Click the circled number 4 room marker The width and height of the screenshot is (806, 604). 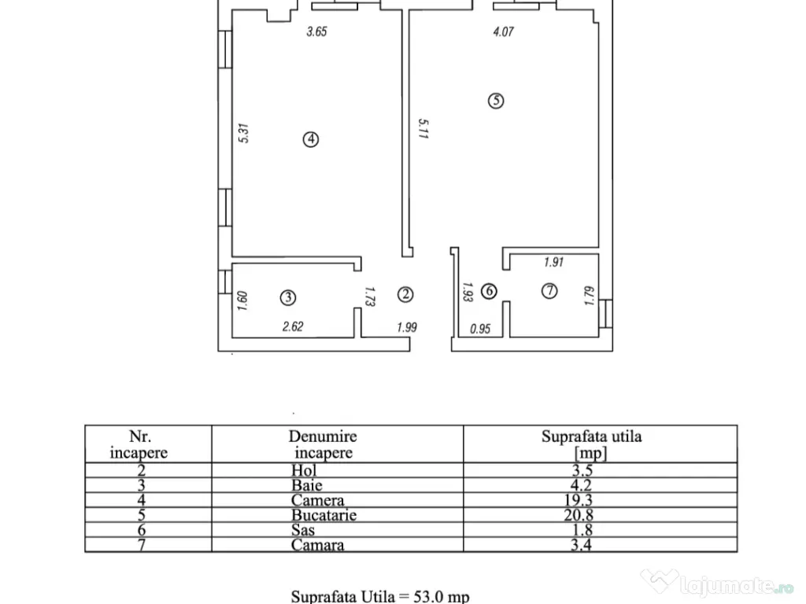(310, 139)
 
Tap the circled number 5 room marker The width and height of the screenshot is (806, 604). (496, 100)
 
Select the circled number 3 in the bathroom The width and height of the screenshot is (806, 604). (288, 297)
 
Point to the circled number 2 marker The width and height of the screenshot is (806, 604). (405, 294)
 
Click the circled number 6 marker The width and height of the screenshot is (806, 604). (489, 291)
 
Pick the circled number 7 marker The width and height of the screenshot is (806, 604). (549, 291)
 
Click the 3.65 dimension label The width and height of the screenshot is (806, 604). (316, 31)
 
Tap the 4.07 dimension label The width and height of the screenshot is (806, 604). (503, 31)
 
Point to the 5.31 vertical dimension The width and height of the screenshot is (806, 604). (244, 133)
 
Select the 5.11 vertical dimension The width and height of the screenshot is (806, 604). (423, 129)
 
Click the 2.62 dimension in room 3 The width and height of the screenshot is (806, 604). (293, 326)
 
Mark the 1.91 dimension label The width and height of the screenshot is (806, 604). (553, 262)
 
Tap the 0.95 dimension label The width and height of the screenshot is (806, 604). (480, 329)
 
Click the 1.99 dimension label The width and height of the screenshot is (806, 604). (407, 327)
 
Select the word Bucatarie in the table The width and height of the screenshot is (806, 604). (324, 515)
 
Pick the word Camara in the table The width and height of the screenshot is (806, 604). (318, 545)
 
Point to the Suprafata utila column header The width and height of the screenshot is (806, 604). (592, 444)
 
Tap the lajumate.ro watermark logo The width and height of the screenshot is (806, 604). (718, 584)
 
